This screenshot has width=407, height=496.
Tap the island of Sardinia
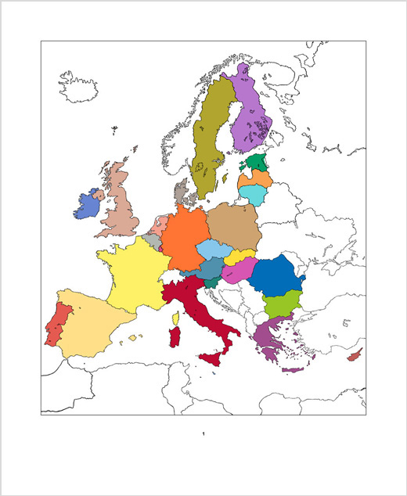176,338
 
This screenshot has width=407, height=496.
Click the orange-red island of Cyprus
354,356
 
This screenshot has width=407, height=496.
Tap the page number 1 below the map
203,433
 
